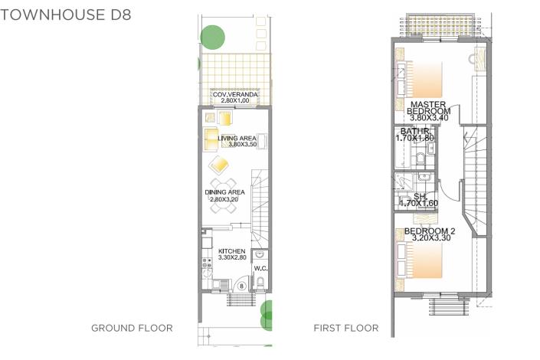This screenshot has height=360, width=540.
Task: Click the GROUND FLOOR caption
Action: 132,328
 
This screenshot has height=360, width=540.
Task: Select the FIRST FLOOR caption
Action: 345,328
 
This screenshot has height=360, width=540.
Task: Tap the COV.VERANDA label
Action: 236,94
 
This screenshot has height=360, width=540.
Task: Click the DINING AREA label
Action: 224,192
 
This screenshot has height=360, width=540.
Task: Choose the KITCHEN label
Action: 231,251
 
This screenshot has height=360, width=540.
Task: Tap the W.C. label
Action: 260,268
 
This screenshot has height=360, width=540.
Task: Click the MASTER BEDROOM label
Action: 429,107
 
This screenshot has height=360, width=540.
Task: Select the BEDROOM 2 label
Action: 430,231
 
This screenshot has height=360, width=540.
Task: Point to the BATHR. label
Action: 414,132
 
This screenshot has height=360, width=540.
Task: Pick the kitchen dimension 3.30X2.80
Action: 231,258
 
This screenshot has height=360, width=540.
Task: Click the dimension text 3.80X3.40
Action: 429,118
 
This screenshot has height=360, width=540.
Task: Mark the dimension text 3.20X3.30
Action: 429,239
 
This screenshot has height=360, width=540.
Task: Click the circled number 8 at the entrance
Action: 241,286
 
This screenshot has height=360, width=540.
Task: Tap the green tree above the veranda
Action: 212,36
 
